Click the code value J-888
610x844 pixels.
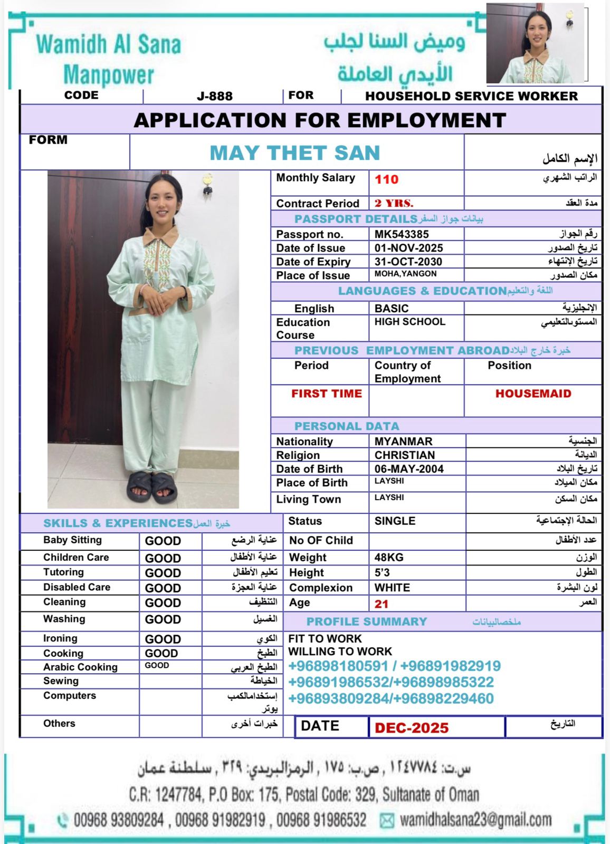click(214, 96)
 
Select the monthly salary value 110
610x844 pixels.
click(386, 179)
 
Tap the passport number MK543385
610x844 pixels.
click(402, 234)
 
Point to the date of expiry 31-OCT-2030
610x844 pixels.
click(408, 262)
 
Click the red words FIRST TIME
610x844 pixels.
click(326, 394)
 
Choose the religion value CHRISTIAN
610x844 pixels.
click(405, 455)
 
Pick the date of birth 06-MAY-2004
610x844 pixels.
click(409, 469)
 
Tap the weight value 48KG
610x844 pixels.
click(389, 558)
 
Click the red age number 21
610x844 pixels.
click(382, 604)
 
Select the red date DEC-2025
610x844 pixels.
click(412, 728)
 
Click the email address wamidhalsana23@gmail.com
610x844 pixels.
click(475, 820)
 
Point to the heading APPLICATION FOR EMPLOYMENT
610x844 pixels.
click(320, 120)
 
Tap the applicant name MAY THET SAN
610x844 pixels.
click(295, 153)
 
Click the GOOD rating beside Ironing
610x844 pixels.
click(163, 639)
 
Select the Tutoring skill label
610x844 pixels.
click(63, 572)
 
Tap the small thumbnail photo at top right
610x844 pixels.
click(535, 44)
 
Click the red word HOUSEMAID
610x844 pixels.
click(533, 394)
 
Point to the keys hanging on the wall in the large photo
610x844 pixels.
click(208, 183)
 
